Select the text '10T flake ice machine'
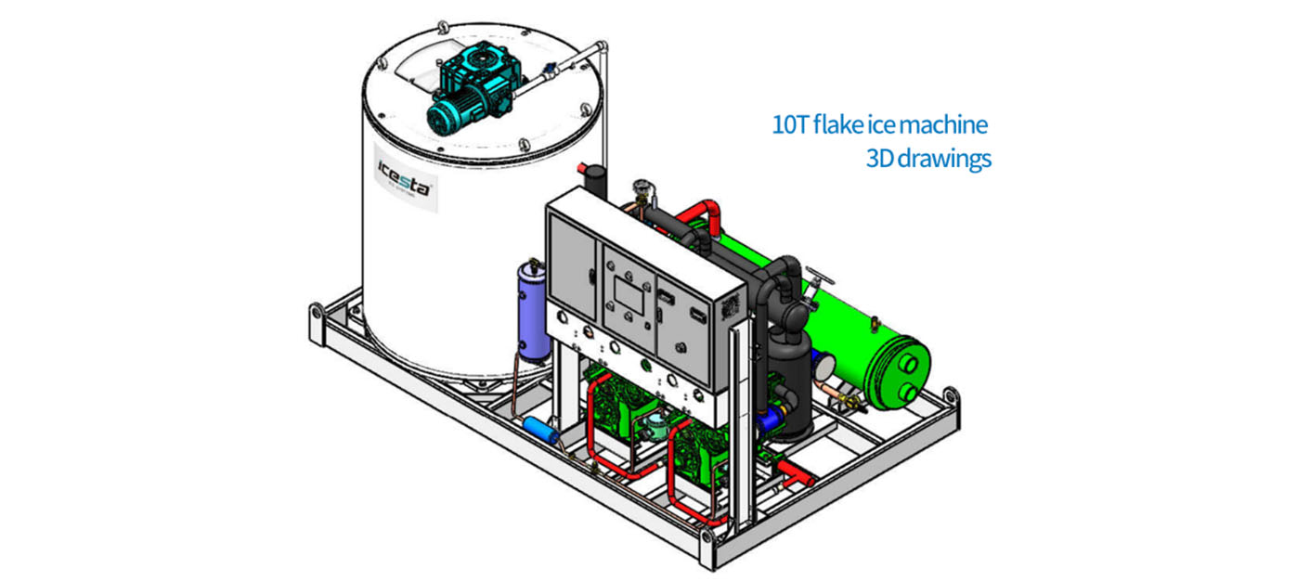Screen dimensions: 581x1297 pyautogui.click(x=879, y=124)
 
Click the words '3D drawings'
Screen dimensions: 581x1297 pyautogui.click(x=927, y=159)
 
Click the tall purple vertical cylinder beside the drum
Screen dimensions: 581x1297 pyautogui.click(x=533, y=311)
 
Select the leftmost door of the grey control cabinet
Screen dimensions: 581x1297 pyautogui.click(x=571, y=270)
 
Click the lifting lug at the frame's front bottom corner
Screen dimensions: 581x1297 pyautogui.click(x=707, y=538)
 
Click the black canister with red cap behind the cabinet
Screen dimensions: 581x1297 pyautogui.click(x=591, y=180)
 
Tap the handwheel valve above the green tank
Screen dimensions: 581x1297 pyautogui.click(x=817, y=277)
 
